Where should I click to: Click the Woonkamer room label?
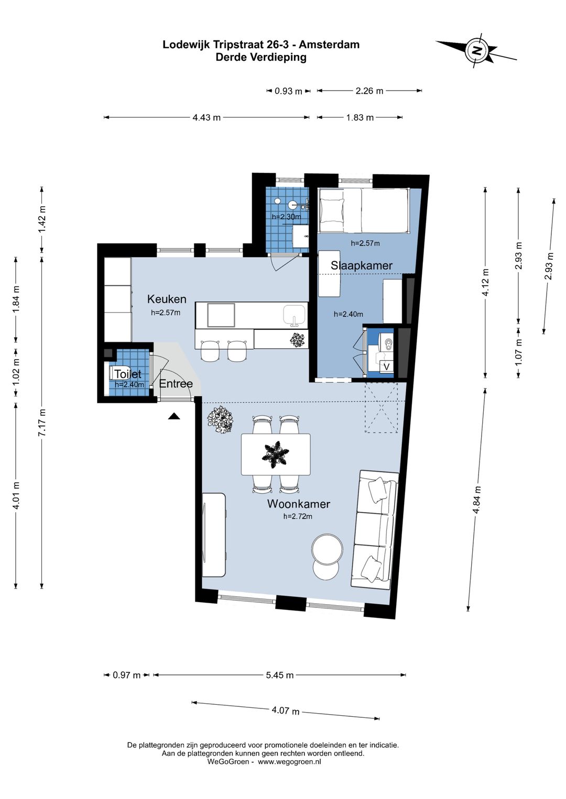(298, 504)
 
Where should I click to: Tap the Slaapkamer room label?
(362, 265)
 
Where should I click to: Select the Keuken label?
(167, 299)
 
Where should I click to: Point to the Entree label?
(176, 384)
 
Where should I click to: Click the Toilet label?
(127, 374)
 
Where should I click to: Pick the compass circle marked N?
(477, 50)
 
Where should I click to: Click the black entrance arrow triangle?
(174, 416)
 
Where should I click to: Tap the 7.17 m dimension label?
(42, 423)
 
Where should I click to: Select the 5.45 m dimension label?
(280, 675)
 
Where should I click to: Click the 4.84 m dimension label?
(476, 500)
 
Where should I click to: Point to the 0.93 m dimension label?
(288, 91)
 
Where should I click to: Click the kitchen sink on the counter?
(295, 316)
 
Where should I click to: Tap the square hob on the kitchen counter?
(221, 315)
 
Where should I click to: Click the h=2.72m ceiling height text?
(298, 516)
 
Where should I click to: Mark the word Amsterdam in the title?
(329, 45)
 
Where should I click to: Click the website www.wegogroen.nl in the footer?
(289, 761)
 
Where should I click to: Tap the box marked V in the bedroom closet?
(387, 367)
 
